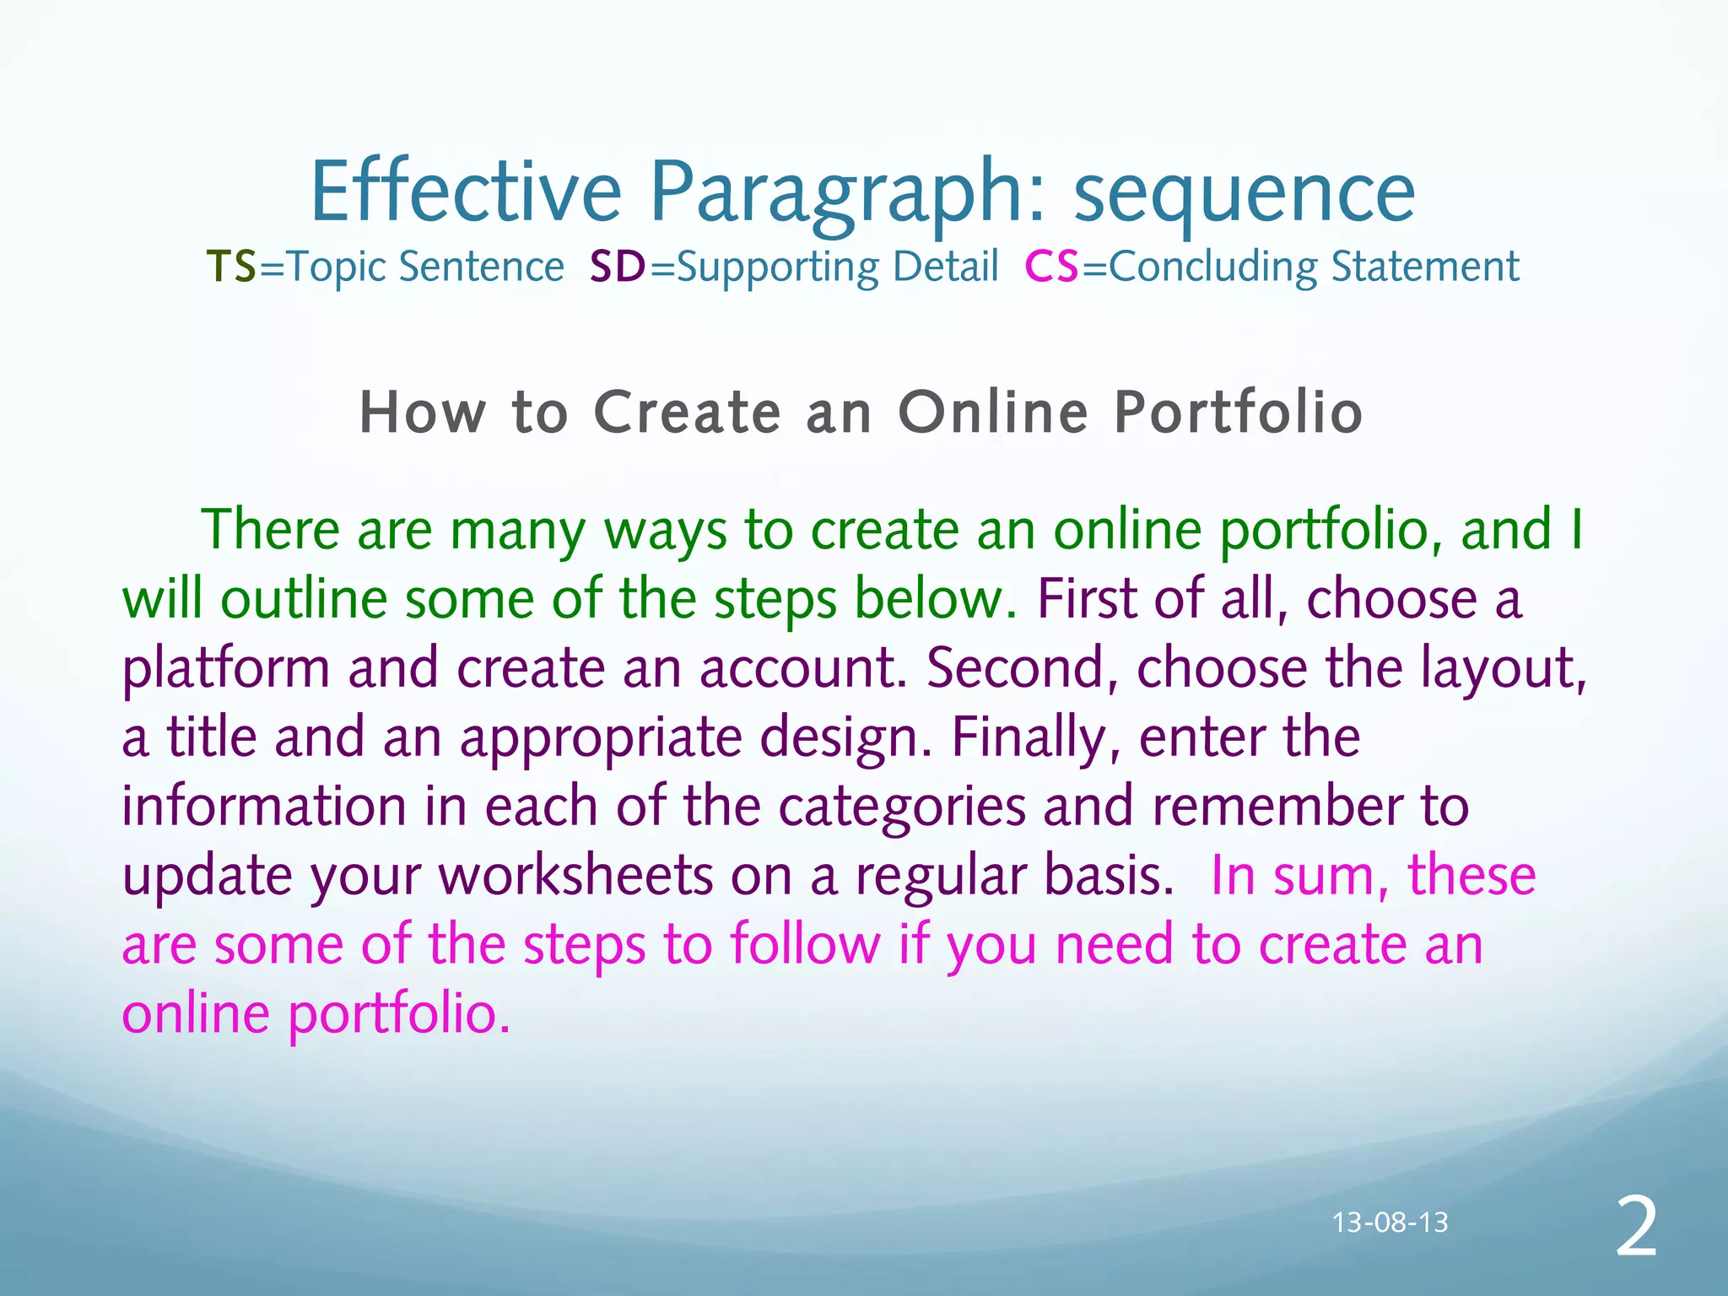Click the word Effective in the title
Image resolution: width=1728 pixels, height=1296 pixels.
466,192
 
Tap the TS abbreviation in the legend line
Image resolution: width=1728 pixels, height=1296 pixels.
231,267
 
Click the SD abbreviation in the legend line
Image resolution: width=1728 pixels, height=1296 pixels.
618,267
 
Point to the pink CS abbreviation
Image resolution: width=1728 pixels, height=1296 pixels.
1051,267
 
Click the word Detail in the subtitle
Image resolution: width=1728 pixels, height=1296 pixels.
945,267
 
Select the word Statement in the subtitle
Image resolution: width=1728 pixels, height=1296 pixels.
1425,267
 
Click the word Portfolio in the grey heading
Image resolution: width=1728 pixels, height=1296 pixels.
1238,413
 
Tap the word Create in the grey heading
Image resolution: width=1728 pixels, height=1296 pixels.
688,413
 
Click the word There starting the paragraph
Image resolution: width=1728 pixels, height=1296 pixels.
270,530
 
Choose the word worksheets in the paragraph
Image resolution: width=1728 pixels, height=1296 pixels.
576,876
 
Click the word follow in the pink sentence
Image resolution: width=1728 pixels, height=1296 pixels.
805,945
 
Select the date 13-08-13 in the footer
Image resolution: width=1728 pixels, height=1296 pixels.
1390,1223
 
